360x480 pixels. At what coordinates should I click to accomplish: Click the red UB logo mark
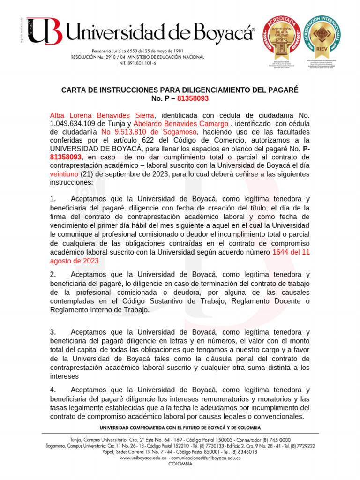[45, 31]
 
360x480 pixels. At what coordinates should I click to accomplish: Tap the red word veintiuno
[64, 174]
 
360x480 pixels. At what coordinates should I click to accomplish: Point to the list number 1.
[52, 200]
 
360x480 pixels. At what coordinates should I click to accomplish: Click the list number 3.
[52, 332]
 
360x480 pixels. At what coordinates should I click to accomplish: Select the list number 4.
[52, 390]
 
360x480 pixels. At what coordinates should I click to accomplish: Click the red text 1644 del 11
[291, 253]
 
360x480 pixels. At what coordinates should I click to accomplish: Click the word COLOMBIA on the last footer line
[180, 464]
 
